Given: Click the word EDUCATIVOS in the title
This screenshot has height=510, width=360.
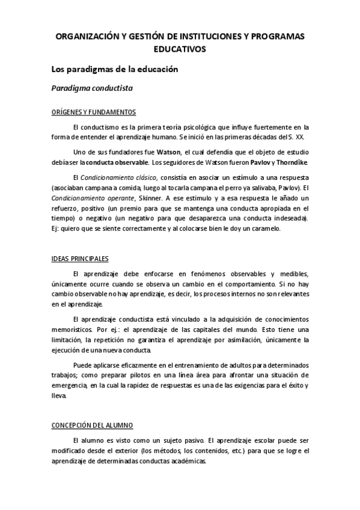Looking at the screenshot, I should (x=180, y=49).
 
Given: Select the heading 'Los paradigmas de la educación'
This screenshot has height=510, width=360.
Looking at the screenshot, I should (x=115, y=70).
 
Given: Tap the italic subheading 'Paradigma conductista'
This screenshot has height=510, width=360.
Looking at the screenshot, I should (x=92, y=88).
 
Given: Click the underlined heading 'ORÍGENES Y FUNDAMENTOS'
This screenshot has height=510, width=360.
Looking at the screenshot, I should (x=93, y=112).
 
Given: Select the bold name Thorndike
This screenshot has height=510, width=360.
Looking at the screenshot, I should (x=290, y=162).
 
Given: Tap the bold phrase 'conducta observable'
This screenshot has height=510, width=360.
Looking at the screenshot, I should (x=117, y=162).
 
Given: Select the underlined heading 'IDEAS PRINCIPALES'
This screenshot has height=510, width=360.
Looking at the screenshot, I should (x=80, y=259).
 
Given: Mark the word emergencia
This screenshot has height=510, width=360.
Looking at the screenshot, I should (x=69, y=386).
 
